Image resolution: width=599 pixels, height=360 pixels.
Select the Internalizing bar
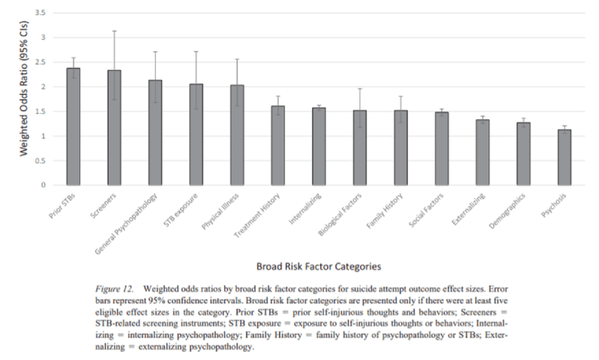pyautogui.click(x=319, y=146)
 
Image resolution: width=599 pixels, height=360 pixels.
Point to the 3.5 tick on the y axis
pyautogui.click(x=40, y=13)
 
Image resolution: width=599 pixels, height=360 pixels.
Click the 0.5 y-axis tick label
pyautogui.click(x=40, y=161)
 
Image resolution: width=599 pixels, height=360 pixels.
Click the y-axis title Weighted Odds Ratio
pyautogui.click(x=24, y=99)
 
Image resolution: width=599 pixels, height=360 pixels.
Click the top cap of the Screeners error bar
pyautogui.click(x=114, y=31)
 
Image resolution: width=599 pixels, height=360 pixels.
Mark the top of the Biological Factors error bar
pyautogui.click(x=359, y=89)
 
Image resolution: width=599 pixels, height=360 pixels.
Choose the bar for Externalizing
pyautogui.click(x=482, y=152)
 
